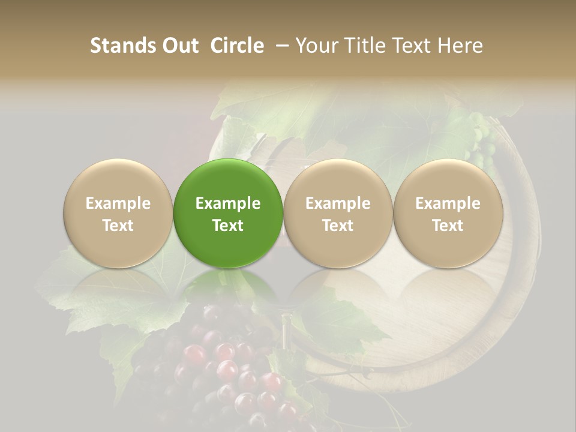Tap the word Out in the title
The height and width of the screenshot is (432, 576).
(179, 46)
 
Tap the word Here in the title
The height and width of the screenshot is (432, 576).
(460, 46)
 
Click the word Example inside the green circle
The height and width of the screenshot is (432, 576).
(228, 203)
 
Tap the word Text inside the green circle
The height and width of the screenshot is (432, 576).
(228, 226)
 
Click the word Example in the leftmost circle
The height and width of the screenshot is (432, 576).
(118, 203)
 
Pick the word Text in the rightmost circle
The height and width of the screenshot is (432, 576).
(448, 226)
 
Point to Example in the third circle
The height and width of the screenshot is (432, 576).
(338, 203)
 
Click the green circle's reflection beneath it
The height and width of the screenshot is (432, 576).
(228, 285)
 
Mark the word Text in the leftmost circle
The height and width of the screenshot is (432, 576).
(118, 226)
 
